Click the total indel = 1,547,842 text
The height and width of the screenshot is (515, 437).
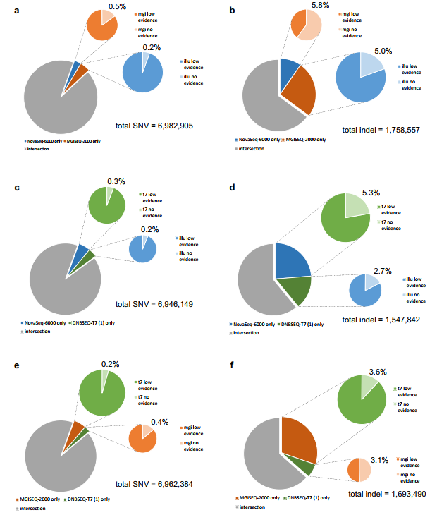click(380, 320)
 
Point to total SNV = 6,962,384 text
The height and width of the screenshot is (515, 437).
click(154, 484)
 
